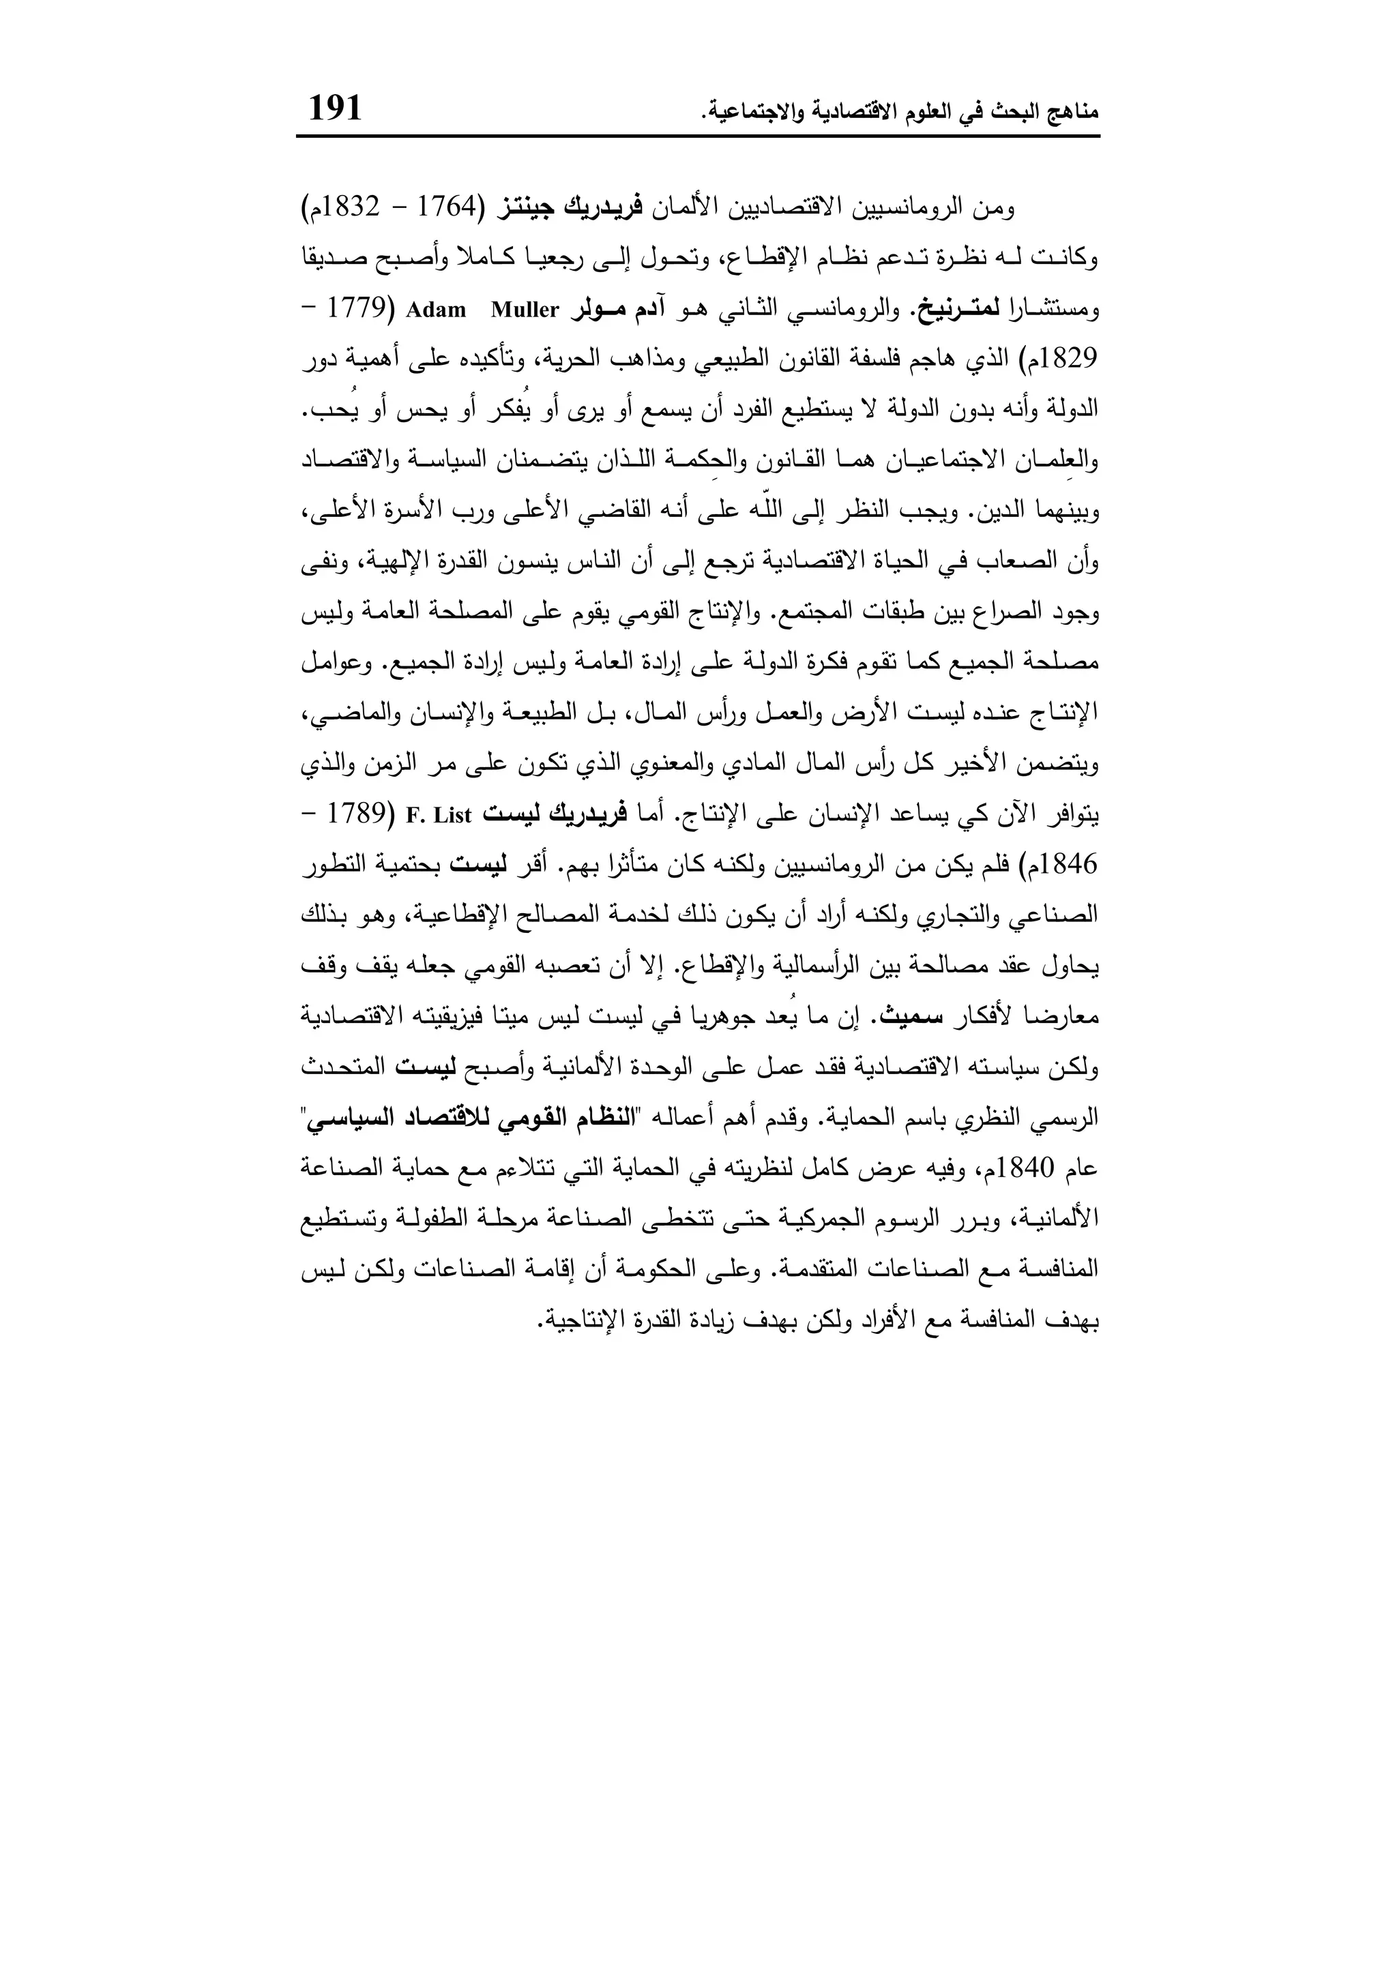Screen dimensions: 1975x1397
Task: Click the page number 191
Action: tap(336, 108)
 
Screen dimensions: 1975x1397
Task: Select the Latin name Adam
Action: tap(435, 310)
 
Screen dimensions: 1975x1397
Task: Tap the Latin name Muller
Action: tap(525, 310)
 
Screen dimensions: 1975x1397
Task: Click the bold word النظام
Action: tap(607, 1119)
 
